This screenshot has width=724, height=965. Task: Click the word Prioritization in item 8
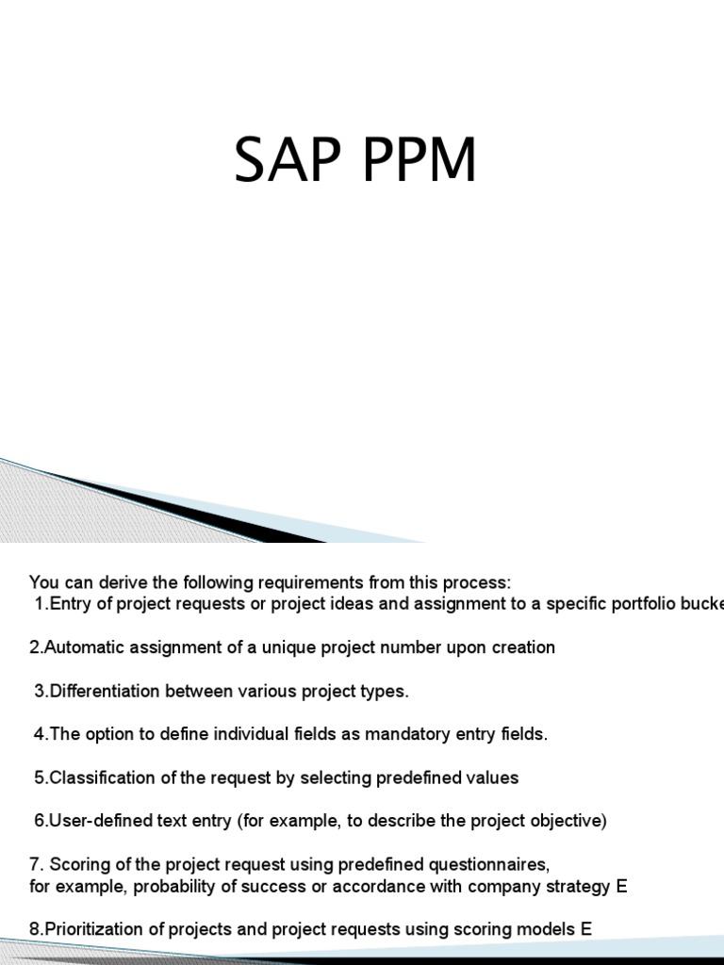click(x=88, y=929)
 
